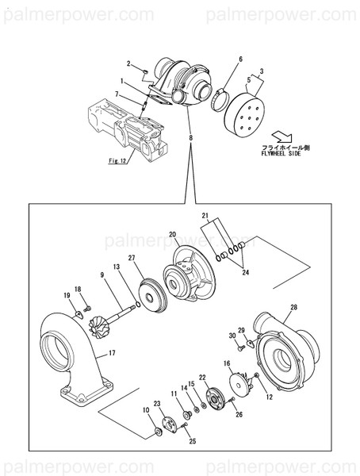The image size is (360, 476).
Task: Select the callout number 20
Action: point(172,235)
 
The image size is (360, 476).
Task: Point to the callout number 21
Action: point(204,216)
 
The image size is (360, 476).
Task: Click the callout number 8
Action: point(190,140)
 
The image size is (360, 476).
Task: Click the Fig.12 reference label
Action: point(117,160)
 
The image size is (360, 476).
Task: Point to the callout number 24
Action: point(245,272)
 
